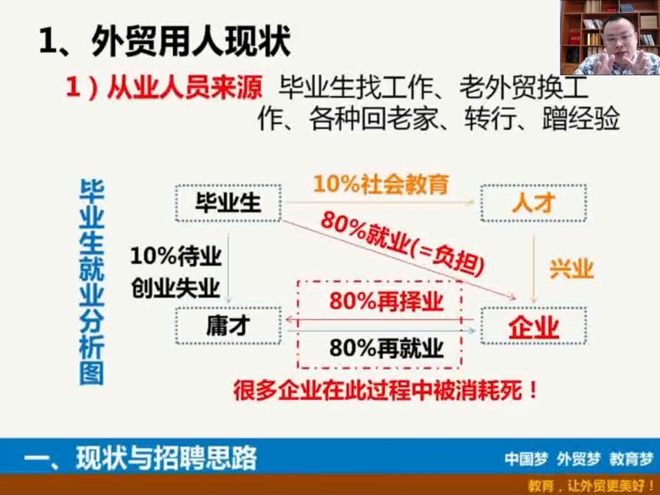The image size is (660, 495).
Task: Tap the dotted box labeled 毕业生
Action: [228, 203]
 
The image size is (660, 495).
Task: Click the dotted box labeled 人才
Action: [533, 203]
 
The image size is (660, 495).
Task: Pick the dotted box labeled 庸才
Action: [228, 326]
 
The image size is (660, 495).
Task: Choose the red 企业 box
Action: [533, 327]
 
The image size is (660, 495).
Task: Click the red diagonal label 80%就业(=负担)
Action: [403, 245]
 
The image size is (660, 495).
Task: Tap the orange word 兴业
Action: [571, 269]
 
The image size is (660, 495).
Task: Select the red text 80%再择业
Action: [386, 302]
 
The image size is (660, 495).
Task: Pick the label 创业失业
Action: [175, 287]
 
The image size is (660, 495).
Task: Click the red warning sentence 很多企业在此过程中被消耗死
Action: [385, 390]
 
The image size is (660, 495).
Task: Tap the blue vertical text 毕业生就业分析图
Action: [91, 280]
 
